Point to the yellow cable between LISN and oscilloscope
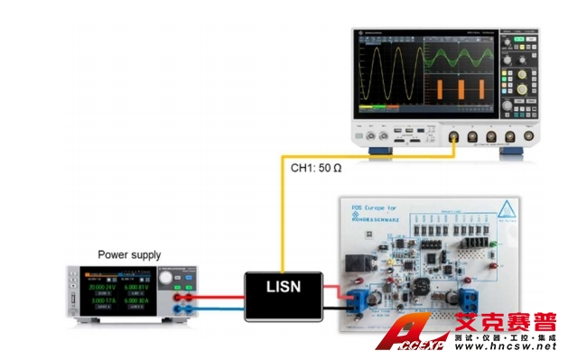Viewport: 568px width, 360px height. (x=281, y=217)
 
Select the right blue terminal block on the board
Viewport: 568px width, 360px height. (x=470, y=297)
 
